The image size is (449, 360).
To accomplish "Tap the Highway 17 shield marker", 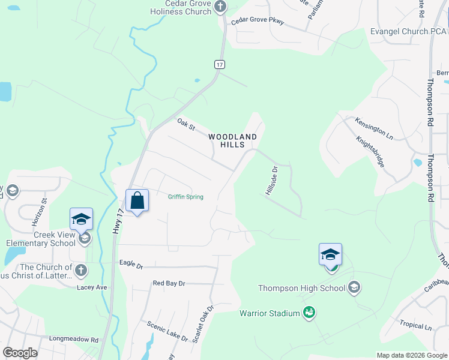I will click(x=220, y=64).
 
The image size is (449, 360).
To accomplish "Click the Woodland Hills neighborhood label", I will click(x=233, y=140).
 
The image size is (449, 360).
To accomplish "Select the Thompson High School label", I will click(x=301, y=288).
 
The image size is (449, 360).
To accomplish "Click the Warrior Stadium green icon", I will click(x=309, y=313).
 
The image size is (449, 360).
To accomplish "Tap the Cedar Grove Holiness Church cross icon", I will click(x=220, y=7).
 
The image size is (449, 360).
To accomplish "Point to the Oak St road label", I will click(x=186, y=125).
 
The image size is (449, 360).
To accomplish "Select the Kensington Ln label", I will click(x=374, y=128).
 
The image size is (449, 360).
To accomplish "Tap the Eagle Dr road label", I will click(x=131, y=264).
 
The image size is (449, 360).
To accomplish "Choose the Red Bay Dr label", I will click(x=169, y=283).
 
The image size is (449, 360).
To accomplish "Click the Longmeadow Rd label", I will click(x=73, y=339).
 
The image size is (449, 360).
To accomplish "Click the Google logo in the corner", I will click(x=20, y=353).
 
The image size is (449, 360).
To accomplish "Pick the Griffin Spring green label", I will click(x=185, y=197).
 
